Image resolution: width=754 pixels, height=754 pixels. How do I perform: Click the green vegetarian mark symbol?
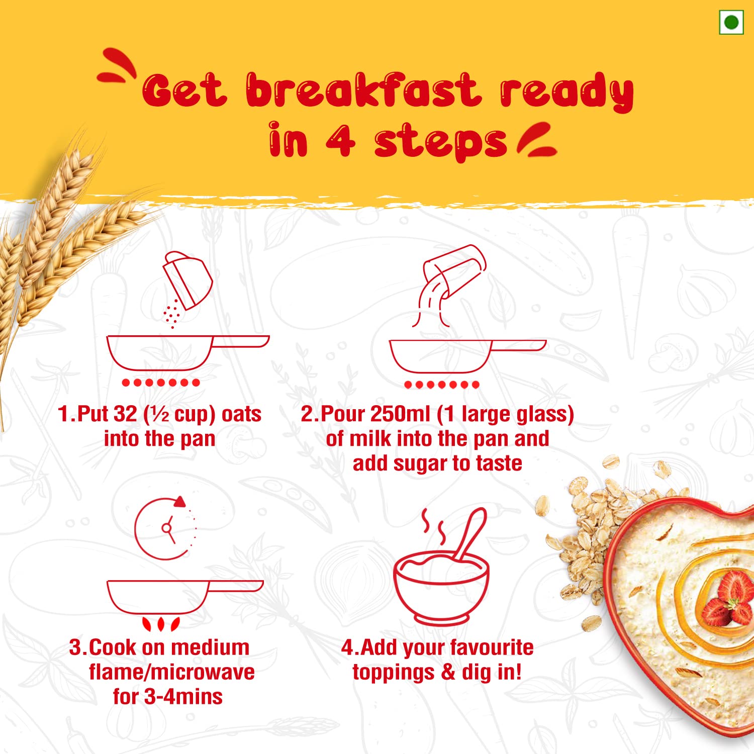click(731, 23)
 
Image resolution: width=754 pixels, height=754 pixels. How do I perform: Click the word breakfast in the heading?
click(362, 90)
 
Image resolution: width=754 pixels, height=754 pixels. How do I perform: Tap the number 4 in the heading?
click(340, 141)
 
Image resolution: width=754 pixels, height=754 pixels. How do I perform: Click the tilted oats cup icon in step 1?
click(187, 279)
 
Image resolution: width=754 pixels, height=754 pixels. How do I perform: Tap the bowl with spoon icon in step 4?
click(441, 578)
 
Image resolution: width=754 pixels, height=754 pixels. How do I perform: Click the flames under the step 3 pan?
click(161, 624)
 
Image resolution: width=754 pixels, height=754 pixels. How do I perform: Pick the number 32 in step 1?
click(125, 414)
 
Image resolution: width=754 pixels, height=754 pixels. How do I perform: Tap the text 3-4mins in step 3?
click(183, 697)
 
